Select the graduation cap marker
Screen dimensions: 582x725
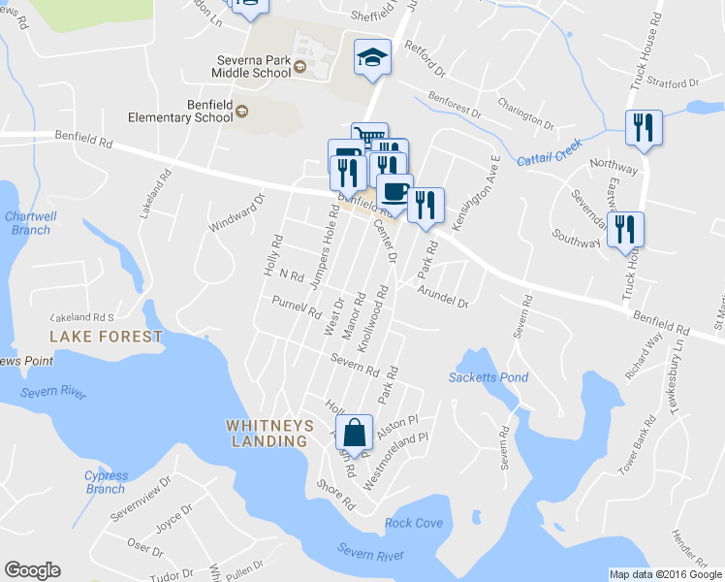pyautogui.click(x=372, y=58)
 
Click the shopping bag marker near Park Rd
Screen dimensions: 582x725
pyautogui.click(x=356, y=432)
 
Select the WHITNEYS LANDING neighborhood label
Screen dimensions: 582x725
pyautogui.click(x=267, y=433)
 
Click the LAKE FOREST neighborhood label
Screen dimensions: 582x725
pyautogui.click(x=107, y=337)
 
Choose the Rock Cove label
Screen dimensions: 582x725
pyautogui.click(x=414, y=523)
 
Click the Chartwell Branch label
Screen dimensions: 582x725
pyautogui.click(x=27, y=223)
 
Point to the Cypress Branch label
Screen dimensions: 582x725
pyautogui.click(x=106, y=482)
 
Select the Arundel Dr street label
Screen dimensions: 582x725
pyautogui.click(x=443, y=297)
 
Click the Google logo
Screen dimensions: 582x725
pyautogui.click(x=32, y=570)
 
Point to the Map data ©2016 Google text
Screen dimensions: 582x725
pyautogui.click(x=665, y=574)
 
